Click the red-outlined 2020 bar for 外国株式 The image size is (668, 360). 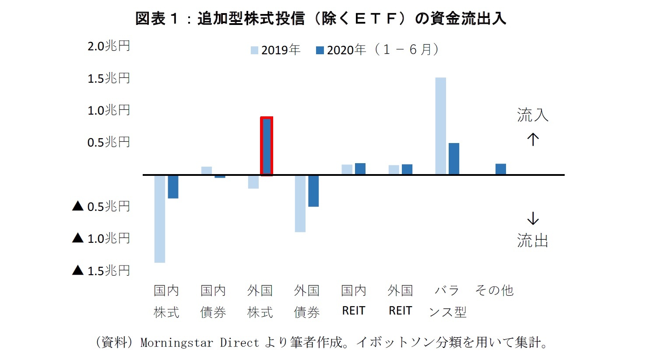(267, 146)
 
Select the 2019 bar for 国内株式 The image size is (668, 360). (160, 219)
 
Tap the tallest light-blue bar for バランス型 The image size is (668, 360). (440, 126)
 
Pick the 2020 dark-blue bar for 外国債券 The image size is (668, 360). (313, 191)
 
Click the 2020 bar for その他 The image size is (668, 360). (501, 169)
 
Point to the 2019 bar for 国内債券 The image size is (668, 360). (207, 171)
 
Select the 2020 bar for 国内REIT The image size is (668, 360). (360, 169)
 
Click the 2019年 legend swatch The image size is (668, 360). (254, 50)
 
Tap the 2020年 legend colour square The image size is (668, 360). (320, 50)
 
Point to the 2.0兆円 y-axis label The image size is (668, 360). (109, 46)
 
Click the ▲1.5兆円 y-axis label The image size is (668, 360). (102, 271)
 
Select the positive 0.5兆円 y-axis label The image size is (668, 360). (109, 142)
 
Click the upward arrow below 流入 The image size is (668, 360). (533, 140)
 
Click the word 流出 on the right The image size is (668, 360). (533, 241)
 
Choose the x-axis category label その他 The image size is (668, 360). (494, 290)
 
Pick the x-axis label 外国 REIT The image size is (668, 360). (400, 301)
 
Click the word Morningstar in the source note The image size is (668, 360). (177, 343)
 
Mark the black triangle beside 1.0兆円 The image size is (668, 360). (78, 238)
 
